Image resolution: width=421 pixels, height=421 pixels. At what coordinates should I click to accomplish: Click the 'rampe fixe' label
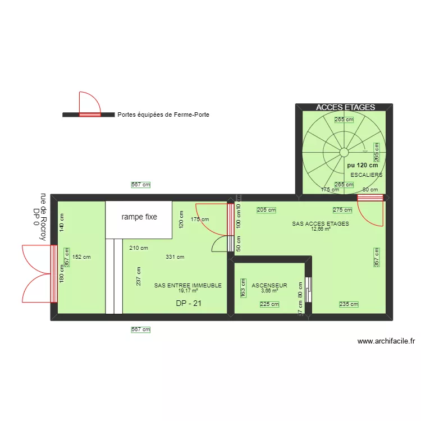pos(139,217)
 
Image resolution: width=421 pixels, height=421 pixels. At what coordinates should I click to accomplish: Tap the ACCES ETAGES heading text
pos(345,107)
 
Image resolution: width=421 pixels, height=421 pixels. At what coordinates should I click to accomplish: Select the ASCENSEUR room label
pos(269,286)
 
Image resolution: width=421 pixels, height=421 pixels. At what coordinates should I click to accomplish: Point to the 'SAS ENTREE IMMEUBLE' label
pos(188,286)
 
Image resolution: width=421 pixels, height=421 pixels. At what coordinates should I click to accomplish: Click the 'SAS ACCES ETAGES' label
pos(321,223)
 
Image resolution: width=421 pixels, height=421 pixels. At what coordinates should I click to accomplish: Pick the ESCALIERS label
pos(366,175)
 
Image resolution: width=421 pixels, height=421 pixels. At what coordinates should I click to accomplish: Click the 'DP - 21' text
pos(189,303)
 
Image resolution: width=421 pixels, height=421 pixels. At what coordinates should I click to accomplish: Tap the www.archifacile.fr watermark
pos(386,341)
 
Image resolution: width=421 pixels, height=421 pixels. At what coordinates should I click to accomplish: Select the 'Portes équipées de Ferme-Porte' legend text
pos(159,115)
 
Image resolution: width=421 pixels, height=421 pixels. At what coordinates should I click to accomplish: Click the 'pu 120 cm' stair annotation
pos(362,166)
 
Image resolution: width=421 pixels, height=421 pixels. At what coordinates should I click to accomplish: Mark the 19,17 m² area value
pos(188,291)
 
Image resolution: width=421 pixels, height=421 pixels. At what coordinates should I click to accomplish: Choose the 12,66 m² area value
pos(321,228)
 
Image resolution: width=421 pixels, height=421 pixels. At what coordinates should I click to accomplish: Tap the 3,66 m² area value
pos(269,291)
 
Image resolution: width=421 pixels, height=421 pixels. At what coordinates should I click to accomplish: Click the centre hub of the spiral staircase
pos(343,152)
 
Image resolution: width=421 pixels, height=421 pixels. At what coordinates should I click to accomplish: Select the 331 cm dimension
pos(175,257)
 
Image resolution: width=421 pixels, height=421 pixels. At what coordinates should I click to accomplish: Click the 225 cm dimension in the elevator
pos(269,304)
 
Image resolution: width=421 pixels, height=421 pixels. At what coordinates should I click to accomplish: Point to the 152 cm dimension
pos(82,257)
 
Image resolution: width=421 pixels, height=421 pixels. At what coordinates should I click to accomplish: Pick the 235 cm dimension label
pos(348,304)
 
